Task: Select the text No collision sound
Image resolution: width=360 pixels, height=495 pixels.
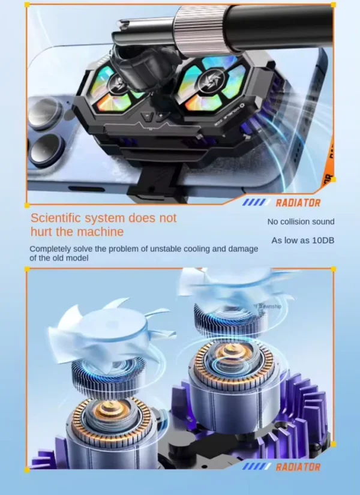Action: [301, 222]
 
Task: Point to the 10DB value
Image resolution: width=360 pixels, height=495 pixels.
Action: [320, 241]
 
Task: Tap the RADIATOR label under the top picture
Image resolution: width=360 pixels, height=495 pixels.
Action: [298, 203]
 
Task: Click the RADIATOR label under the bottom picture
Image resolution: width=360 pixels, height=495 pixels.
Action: [298, 467]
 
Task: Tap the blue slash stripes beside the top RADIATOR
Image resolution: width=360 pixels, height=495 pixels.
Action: [256, 203]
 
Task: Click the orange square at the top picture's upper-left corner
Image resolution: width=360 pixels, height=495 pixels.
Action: [26, 5]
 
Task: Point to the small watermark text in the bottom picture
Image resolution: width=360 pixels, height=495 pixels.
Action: [268, 307]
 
